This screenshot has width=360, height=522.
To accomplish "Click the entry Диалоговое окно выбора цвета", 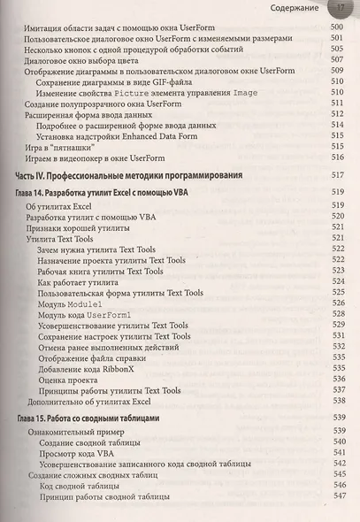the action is coord(80,63).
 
